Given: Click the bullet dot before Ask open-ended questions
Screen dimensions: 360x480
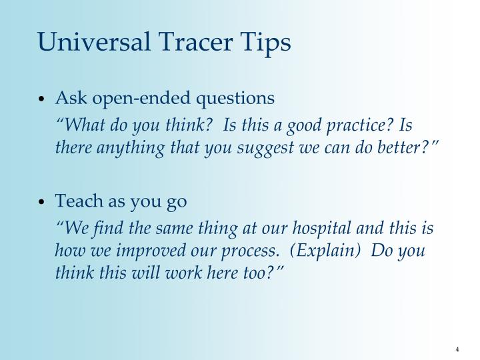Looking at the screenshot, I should (42, 99).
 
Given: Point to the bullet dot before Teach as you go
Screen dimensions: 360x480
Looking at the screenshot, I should (42, 201).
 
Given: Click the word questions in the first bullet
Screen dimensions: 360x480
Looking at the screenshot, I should (239, 98).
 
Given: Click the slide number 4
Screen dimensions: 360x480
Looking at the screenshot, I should (458, 349).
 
